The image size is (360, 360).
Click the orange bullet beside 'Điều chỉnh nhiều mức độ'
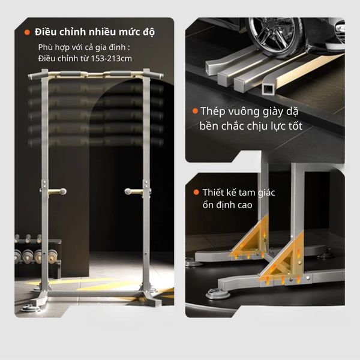coord(27,32)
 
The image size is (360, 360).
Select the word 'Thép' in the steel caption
coord(212,112)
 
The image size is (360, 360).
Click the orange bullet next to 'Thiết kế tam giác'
coord(196,192)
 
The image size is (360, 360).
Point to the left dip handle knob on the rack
coord(62,191)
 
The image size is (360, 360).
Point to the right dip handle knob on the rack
coord(128,191)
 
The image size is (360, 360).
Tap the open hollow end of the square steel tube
coord(268,89)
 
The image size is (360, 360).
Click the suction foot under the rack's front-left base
coord(30,308)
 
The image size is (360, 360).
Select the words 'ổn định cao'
coord(227,205)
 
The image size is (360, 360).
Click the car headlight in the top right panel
coord(340,29)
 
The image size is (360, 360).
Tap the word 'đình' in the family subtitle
coord(118,47)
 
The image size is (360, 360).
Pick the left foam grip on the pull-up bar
coord(70,74)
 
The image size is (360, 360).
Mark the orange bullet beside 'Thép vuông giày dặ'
coord(195,111)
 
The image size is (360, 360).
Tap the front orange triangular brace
coord(284,264)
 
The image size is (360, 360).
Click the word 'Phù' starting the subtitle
coord(45,47)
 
